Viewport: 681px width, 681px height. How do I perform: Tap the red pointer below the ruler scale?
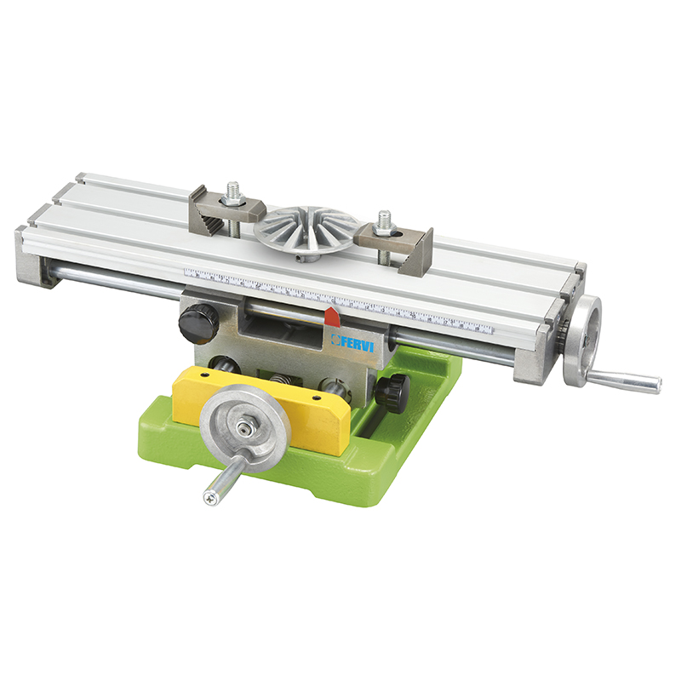coord(332,317)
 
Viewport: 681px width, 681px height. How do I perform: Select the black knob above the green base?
coord(393,392)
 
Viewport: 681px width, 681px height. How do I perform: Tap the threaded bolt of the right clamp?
coord(384,220)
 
